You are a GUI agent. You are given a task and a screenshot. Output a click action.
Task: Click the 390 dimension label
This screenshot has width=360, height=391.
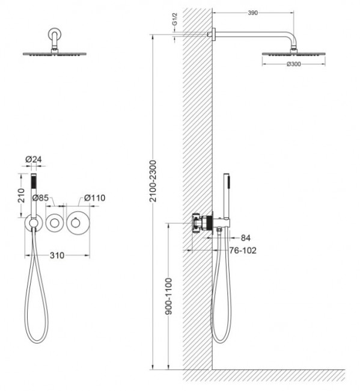pos(252,13)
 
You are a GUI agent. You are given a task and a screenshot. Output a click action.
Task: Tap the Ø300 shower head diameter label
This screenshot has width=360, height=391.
pos(294,64)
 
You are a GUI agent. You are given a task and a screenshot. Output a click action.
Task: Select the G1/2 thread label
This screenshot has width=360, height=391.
pos(175,19)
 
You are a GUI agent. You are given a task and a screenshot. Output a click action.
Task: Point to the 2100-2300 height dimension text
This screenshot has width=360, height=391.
pos(153,181)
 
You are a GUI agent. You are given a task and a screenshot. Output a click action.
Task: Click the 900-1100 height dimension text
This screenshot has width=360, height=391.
pos(169,296)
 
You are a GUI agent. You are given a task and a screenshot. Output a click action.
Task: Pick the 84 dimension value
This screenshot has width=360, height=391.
pos(245,238)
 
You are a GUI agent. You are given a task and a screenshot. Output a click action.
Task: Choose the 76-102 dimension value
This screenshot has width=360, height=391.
pos(243,250)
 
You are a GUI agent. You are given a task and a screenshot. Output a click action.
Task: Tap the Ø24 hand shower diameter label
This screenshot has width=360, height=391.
pos(34,159)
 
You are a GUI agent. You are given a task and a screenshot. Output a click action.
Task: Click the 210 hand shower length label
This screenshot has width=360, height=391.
pos(22,195)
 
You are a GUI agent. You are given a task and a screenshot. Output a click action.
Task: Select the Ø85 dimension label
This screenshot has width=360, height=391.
pos(40,198)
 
